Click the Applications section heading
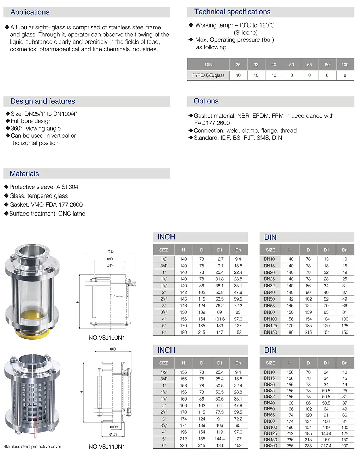click(x=30, y=12)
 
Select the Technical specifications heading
click(x=232, y=12)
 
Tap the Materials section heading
click(x=24, y=174)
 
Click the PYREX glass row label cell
click(x=208, y=75)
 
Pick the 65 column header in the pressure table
click(x=309, y=65)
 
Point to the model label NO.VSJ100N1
click(x=107, y=338)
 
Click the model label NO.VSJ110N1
click(x=107, y=447)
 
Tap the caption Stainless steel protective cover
click(x=32, y=447)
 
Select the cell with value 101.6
click(x=220, y=319)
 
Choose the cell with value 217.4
click(x=326, y=446)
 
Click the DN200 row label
click(x=270, y=446)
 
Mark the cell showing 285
click(x=308, y=446)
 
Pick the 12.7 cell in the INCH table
click(x=220, y=259)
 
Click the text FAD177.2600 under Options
click(x=212, y=123)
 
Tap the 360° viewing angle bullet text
click(x=36, y=129)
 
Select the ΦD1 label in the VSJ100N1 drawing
click(x=111, y=259)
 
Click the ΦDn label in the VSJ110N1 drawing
click(x=114, y=427)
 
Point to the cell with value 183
click(x=220, y=445)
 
